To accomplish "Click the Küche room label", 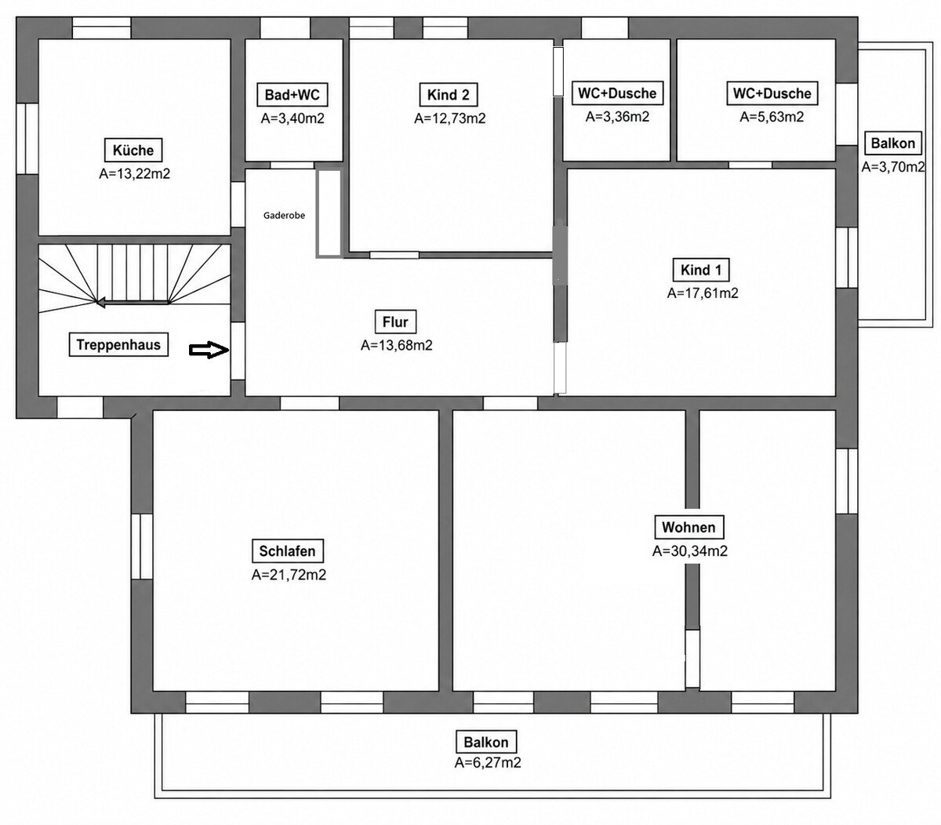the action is click(133, 150).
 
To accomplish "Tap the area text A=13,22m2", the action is click(134, 174).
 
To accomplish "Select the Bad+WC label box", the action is click(292, 95).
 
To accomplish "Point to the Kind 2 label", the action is click(448, 95).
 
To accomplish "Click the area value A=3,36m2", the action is click(617, 117).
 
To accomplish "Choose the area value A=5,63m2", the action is click(772, 117).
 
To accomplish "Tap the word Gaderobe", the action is click(284, 216).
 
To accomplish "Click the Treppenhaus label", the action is click(118, 344).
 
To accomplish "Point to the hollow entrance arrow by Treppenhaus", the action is click(209, 350).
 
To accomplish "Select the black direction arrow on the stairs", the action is click(132, 303).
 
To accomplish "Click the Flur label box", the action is click(395, 322).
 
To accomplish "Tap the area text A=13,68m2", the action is click(396, 345).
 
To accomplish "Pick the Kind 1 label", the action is click(701, 270).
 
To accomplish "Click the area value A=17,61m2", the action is click(703, 293).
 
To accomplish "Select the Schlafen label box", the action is click(288, 551).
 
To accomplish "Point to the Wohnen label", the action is click(688, 527).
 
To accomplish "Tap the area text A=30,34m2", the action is click(690, 551).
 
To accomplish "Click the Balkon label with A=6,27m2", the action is click(486, 742).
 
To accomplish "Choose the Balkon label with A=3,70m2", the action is click(892, 143).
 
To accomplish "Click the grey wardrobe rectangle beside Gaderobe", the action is click(329, 213).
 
